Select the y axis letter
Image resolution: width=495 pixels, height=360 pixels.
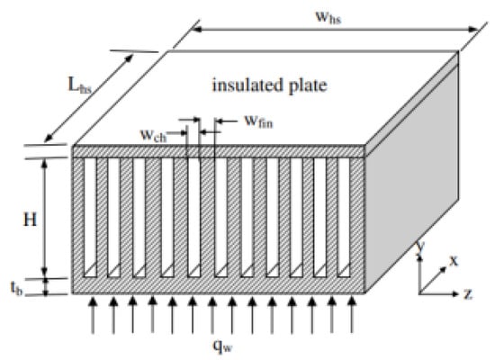(420, 251)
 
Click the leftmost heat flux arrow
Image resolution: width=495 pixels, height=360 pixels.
(94, 317)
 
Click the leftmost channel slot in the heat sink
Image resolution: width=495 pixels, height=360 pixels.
(88, 217)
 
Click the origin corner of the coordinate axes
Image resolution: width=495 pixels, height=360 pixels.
(421, 292)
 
